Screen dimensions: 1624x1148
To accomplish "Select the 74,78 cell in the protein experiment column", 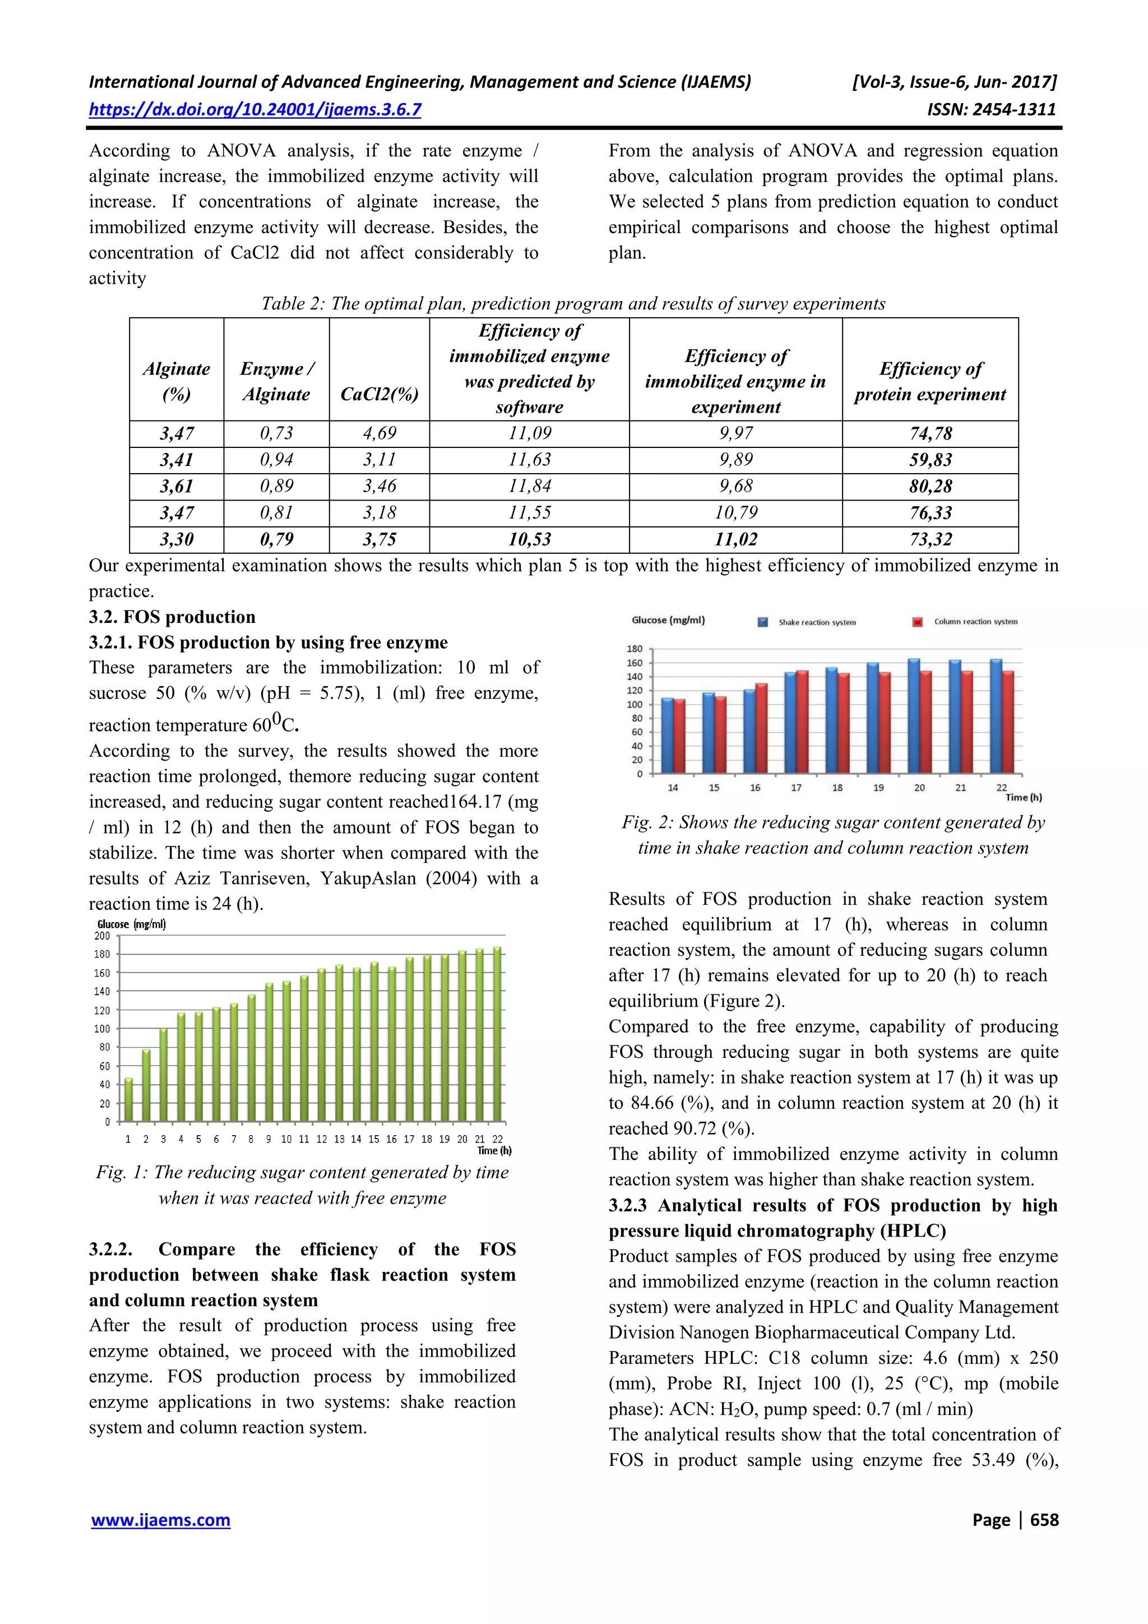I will tap(930, 433).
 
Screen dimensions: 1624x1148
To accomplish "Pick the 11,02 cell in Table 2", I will tap(735, 540).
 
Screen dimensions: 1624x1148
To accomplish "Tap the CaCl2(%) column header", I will tap(379, 394).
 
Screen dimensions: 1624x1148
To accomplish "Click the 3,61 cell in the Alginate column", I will tap(176, 487).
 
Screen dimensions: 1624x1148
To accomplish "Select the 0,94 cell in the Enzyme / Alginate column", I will tap(276, 460).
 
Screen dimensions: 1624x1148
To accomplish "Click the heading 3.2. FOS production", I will tap(172, 617).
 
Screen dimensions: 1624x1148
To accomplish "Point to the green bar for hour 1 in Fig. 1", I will tap(129, 1100).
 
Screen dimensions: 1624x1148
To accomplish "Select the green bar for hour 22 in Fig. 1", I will tap(497, 1034).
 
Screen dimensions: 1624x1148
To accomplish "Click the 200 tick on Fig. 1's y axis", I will tap(103, 936).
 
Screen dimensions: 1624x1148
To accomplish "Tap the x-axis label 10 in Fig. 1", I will tap(286, 1140).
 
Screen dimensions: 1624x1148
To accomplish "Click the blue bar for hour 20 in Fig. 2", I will tap(914, 716).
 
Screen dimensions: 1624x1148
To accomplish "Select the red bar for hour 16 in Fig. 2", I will tap(761, 728).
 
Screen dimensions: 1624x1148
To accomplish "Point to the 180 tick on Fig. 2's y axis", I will tap(635, 649).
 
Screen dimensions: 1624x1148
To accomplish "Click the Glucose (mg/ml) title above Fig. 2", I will tap(668, 621).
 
